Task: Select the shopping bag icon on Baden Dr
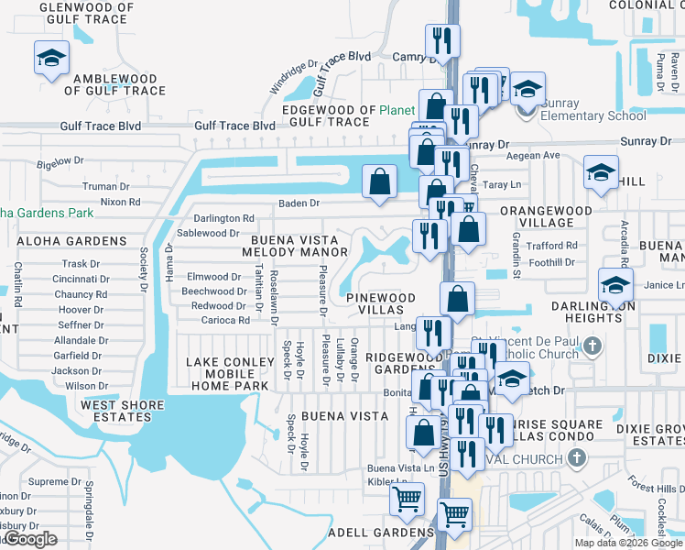tap(379, 181)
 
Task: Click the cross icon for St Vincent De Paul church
tap(593, 346)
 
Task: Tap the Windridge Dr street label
tap(293, 79)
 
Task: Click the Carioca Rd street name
tap(225, 321)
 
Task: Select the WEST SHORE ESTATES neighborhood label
tap(115, 411)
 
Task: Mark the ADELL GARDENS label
tap(380, 533)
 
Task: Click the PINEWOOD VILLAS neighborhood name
tap(381, 304)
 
